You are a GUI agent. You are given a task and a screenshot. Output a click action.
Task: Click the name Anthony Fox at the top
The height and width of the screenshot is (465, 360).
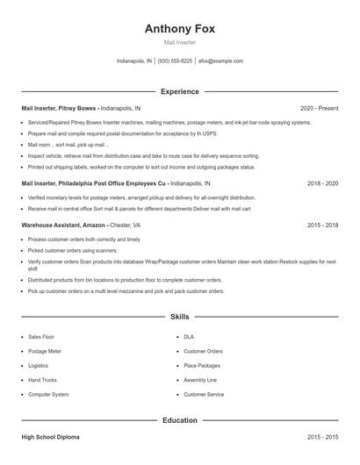(179, 28)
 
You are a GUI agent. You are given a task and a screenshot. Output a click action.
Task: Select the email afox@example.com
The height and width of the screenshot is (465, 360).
(220, 61)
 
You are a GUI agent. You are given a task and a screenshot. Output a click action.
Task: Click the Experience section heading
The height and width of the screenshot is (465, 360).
(179, 91)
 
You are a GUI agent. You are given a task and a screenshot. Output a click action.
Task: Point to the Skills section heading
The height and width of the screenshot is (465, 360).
(179, 316)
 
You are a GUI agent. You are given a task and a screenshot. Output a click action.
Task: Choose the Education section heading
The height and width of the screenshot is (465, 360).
(179, 420)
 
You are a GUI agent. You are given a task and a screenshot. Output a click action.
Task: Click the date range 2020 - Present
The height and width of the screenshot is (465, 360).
(318, 108)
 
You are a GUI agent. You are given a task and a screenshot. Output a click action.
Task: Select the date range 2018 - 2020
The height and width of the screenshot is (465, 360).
(321, 184)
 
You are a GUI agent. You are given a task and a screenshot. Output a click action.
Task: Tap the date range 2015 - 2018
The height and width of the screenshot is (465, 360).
(321, 225)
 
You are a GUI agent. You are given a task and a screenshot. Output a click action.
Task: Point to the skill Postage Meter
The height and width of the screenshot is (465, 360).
(45, 351)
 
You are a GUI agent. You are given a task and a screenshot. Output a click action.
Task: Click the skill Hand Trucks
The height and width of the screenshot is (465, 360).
(42, 380)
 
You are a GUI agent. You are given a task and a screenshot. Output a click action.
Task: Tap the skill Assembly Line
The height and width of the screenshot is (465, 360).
(200, 380)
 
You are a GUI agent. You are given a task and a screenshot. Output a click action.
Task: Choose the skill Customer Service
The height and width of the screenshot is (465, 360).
(204, 395)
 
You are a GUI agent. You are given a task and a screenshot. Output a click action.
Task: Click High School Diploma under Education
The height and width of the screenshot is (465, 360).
(53, 436)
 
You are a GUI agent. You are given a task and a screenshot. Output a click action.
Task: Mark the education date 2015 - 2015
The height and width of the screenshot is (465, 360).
(321, 436)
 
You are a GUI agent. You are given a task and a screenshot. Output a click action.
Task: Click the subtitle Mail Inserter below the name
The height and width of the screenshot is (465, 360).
(179, 42)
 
